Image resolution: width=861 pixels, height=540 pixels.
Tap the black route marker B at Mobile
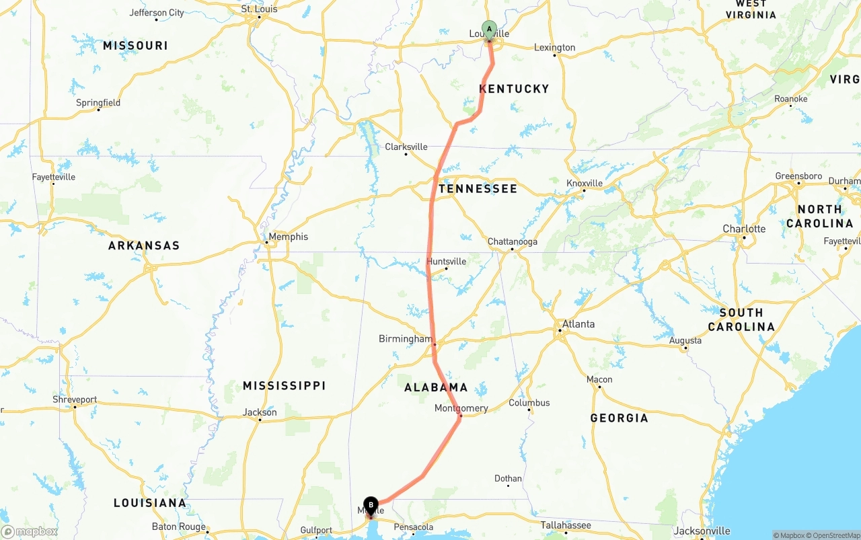pyautogui.click(x=371, y=505)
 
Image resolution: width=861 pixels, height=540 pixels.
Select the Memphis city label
pyautogui.click(x=288, y=237)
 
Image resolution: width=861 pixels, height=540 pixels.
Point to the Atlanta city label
pyautogui.click(x=578, y=324)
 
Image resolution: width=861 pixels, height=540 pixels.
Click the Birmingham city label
pyautogui.click(x=405, y=339)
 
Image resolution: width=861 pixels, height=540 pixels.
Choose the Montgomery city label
pyautogui.click(x=461, y=408)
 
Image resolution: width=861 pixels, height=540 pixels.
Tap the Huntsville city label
pyautogui.click(x=446, y=262)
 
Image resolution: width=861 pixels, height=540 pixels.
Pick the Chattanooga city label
pyautogui.click(x=512, y=242)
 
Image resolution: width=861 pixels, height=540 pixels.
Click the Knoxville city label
pyautogui.click(x=584, y=184)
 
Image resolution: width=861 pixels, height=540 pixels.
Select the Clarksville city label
pyautogui.click(x=406, y=147)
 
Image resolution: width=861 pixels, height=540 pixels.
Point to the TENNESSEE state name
pyautogui.click(x=478, y=189)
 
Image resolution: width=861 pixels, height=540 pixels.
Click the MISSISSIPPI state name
pyautogui.click(x=284, y=386)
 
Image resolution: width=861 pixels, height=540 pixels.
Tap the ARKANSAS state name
pyautogui.click(x=144, y=245)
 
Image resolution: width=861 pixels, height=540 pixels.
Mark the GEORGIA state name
pyautogui.click(x=619, y=418)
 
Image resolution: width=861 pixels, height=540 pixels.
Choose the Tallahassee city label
pyautogui.click(x=566, y=526)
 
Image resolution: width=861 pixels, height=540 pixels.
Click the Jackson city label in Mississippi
pyautogui.click(x=260, y=412)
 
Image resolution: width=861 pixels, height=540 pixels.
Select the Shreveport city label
pyautogui.click(x=75, y=399)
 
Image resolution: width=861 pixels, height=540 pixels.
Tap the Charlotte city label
pyautogui.click(x=744, y=229)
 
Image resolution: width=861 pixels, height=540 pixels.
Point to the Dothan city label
pyautogui.click(x=508, y=479)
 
